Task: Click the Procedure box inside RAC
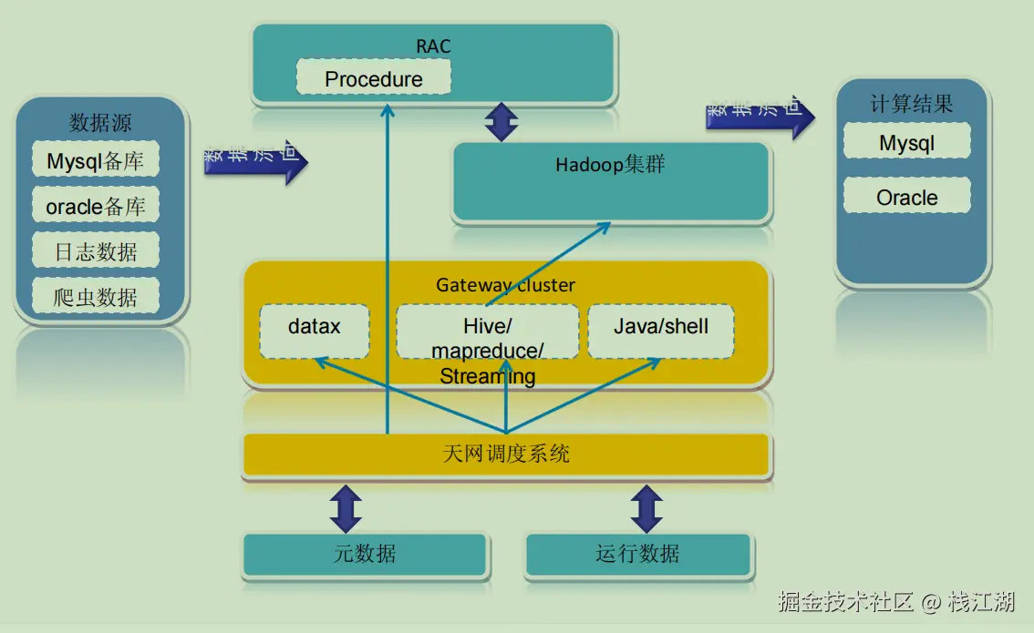374,77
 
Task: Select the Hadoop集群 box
611,181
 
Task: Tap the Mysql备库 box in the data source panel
96,161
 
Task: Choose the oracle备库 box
96,207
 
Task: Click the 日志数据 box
96,251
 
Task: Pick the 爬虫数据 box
96,296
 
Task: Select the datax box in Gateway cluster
315,331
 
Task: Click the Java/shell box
661,331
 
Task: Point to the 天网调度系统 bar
507,454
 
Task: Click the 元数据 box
365,554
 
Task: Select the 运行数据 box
638,554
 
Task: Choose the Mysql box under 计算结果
907,143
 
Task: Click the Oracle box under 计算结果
907,197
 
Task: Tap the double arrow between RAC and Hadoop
501,122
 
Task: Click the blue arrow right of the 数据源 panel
256,162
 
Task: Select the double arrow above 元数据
346,508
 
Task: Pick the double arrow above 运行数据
646,508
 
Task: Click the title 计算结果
911,104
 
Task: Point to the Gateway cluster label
505,284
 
